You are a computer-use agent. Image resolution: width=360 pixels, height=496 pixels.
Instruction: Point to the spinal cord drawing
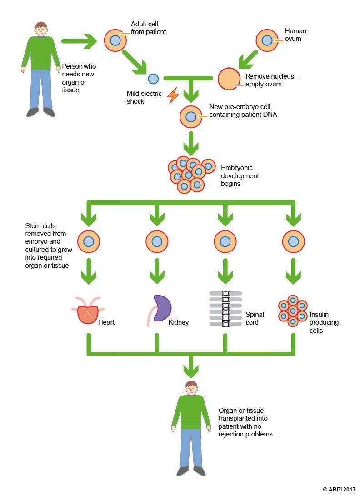click(x=225, y=309)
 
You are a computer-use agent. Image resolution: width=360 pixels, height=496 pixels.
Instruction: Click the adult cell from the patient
click(x=115, y=40)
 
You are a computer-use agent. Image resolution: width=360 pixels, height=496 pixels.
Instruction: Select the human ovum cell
click(x=267, y=40)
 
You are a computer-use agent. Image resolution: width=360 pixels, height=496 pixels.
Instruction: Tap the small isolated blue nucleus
click(x=154, y=79)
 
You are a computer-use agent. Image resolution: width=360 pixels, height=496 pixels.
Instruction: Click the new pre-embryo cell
click(x=191, y=117)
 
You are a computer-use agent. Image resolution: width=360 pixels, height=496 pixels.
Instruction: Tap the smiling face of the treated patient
click(x=191, y=389)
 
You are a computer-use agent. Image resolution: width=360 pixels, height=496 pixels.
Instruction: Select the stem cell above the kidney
click(x=157, y=241)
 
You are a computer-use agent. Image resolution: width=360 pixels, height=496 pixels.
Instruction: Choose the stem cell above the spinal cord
click(x=225, y=241)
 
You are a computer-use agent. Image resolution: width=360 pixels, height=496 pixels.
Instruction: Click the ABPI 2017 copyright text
click(x=340, y=489)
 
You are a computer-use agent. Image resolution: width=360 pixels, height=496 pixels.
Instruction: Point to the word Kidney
click(x=178, y=322)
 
